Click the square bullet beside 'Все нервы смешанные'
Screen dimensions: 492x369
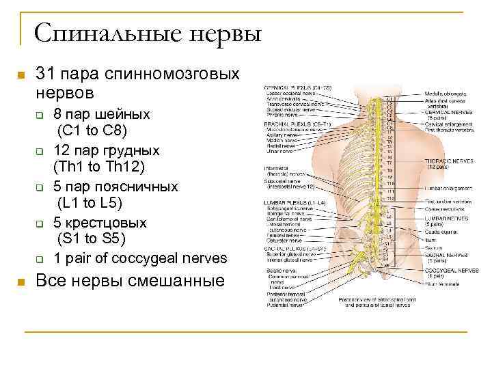[x=20, y=282]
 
